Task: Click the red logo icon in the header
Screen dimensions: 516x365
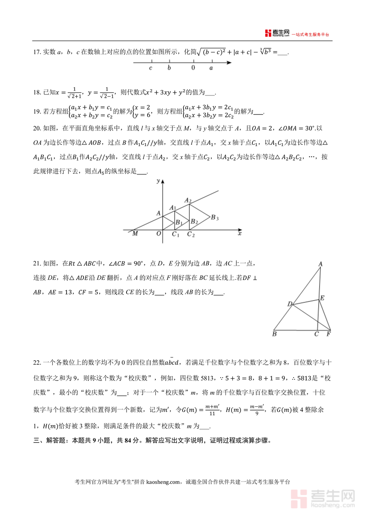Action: pyautogui.click(x=267, y=33)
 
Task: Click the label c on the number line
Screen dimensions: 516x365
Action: pyautogui.click(x=150, y=68)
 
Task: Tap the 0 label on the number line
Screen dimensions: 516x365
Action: pyautogui.click(x=193, y=68)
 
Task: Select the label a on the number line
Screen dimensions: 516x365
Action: pyautogui.click(x=211, y=68)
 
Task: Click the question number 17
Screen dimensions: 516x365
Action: pyautogui.click(x=36, y=52)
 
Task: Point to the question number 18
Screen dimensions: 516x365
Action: pyautogui.click(x=36, y=92)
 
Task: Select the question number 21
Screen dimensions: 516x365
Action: pyautogui.click(x=36, y=263)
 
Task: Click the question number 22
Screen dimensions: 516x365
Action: pyautogui.click(x=36, y=362)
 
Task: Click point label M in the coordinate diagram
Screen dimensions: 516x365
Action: pyautogui.click(x=135, y=234)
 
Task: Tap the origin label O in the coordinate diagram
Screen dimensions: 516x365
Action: pyautogui.click(x=159, y=234)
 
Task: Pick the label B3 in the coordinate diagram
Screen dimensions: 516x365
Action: pyautogui.click(x=215, y=218)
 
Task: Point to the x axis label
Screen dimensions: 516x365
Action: pyautogui.click(x=240, y=234)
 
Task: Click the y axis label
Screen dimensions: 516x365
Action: pyautogui.click(x=158, y=181)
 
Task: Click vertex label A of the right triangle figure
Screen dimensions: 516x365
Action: pyautogui.click(x=320, y=264)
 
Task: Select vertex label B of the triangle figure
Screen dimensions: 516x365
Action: pyautogui.click(x=275, y=335)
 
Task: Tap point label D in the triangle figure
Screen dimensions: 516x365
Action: pyautogui.click(x=290, y=304)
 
